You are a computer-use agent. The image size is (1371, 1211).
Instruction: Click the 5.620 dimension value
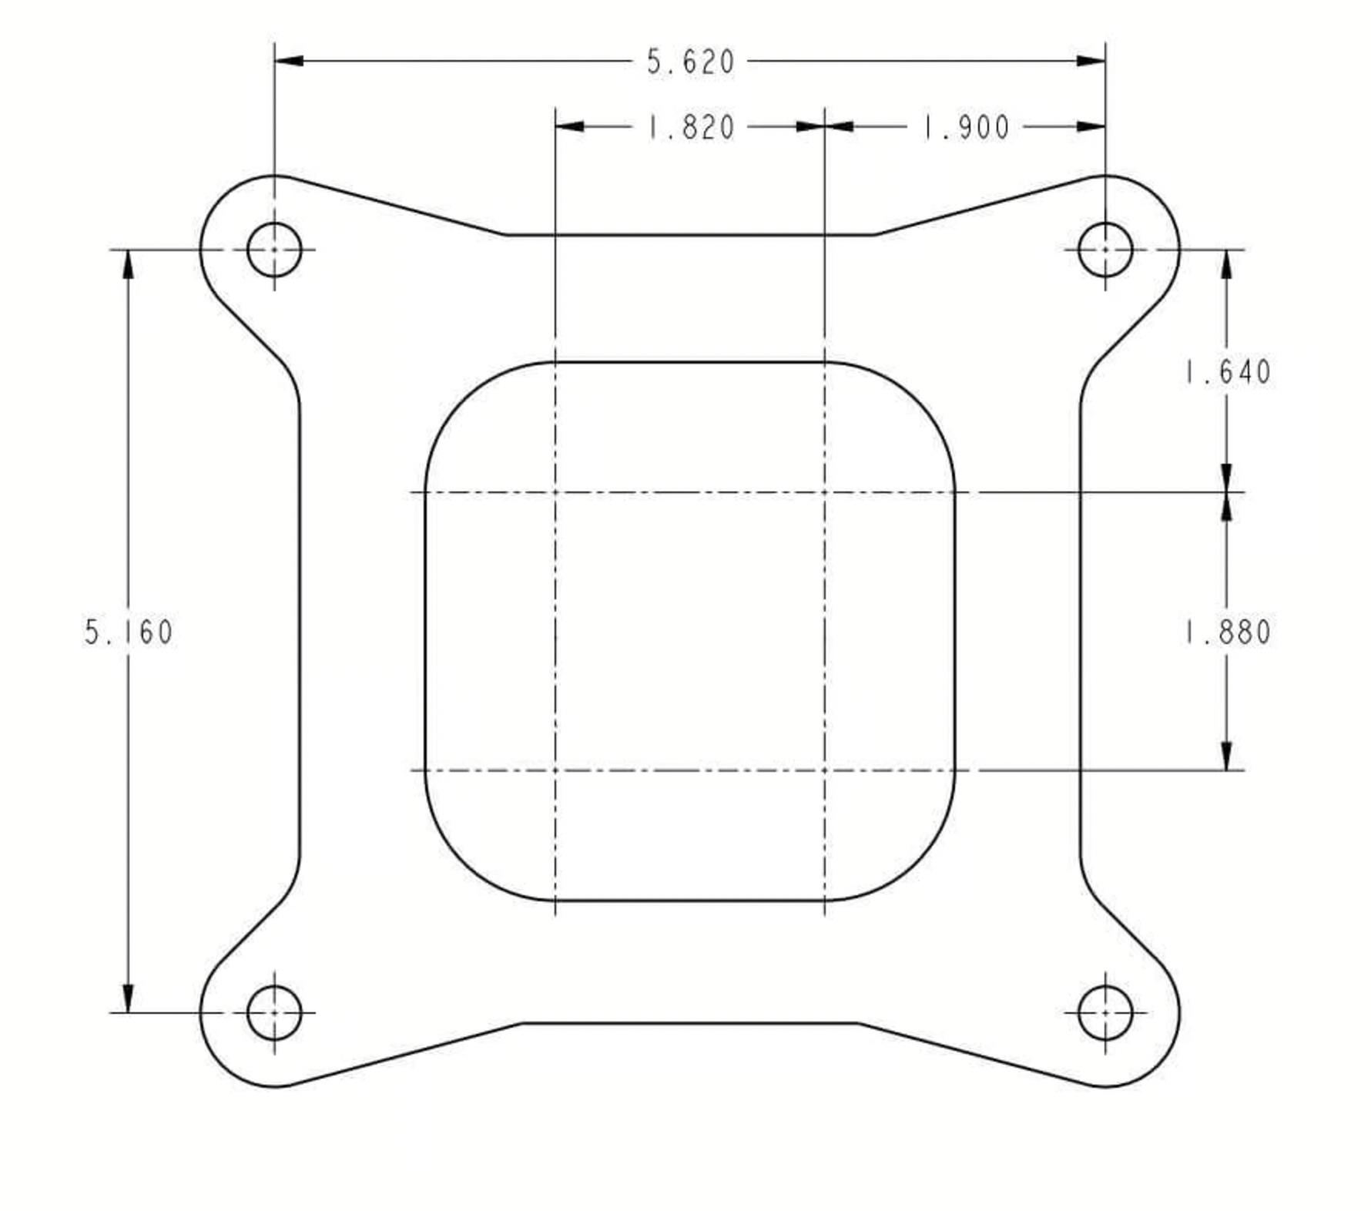pos(690,62)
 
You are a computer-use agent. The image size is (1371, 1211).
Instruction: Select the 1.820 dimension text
pos(690,127)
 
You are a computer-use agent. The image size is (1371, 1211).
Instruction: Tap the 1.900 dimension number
pos(966,127)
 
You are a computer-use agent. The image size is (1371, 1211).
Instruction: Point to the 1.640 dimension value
pos(1227,372)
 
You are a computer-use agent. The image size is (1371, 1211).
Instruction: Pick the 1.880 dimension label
pos(1227,632)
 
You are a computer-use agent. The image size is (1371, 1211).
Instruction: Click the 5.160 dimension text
pos(129,632)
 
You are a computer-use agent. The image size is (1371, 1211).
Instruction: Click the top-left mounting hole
pos(274,250)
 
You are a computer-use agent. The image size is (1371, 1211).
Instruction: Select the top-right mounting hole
pos(1105,250)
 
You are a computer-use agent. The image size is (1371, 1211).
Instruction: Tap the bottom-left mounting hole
pos(274,1012)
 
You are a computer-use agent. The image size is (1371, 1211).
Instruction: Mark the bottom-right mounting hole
pos(1105,1012)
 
